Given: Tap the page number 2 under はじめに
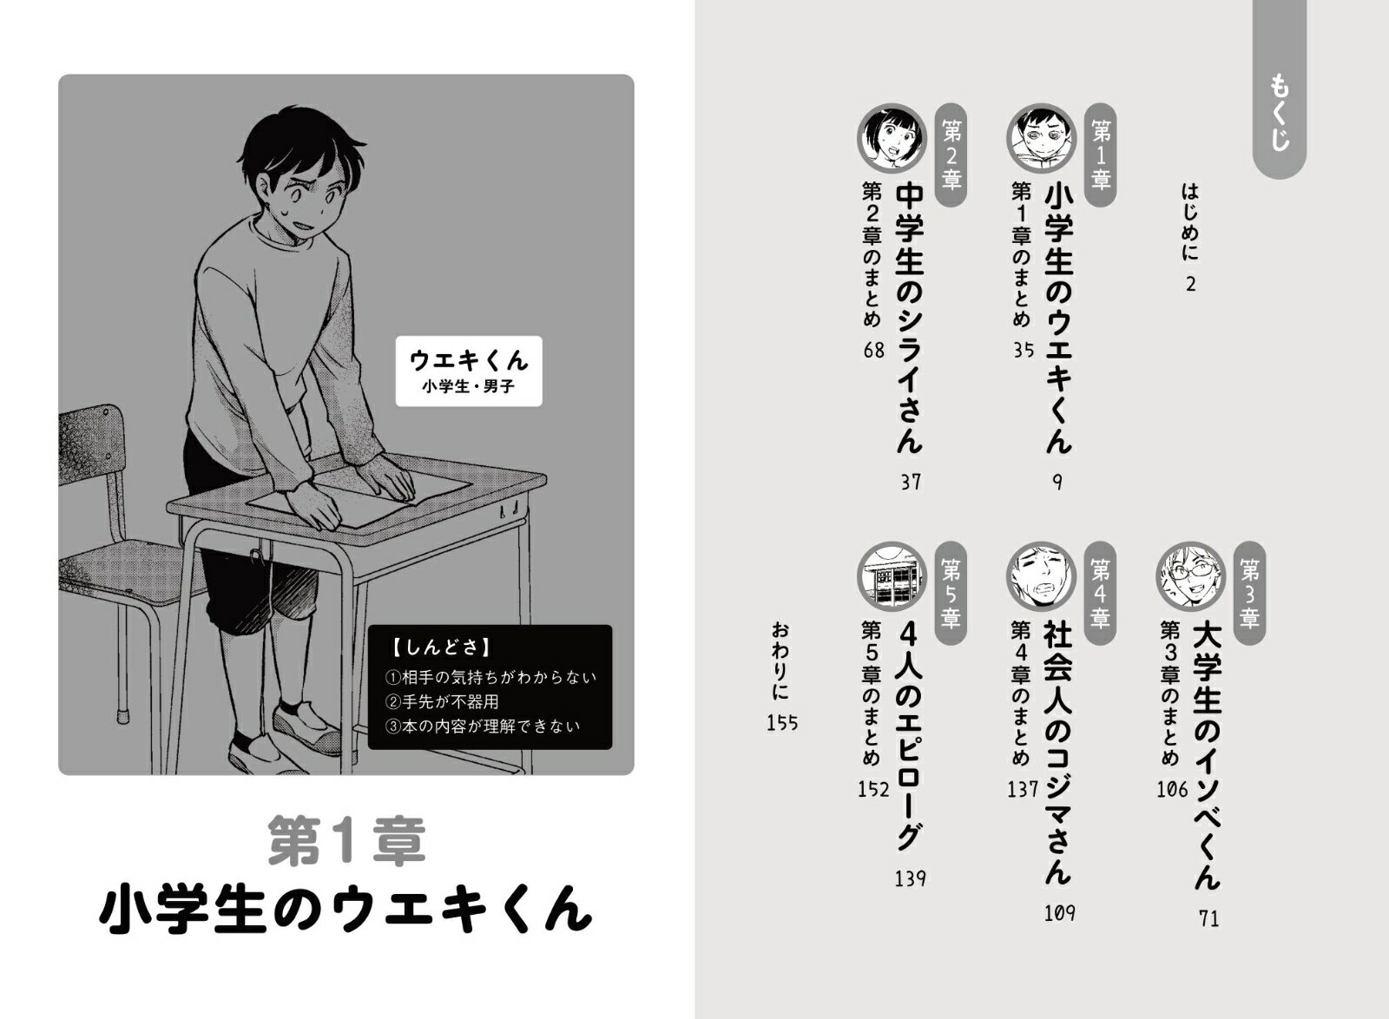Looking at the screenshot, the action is tap(1190, 285).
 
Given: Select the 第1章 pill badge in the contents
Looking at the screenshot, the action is tap(1101, 154).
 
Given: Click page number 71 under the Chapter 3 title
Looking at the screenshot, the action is tap(1209, 918).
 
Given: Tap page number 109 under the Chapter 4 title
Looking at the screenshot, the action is tap(1059, 913).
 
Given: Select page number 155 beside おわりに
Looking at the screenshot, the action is tap(782, 723).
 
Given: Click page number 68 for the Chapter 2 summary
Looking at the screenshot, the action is tap(873, 350).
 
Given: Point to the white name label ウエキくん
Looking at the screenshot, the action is tap(469, 371).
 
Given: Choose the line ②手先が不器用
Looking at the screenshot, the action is tap(442, 701).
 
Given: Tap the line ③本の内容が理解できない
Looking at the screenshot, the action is tap(483, 726).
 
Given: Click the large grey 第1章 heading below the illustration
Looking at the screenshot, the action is tap(346, 840).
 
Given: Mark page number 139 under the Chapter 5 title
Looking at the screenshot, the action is tap(910, 878).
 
